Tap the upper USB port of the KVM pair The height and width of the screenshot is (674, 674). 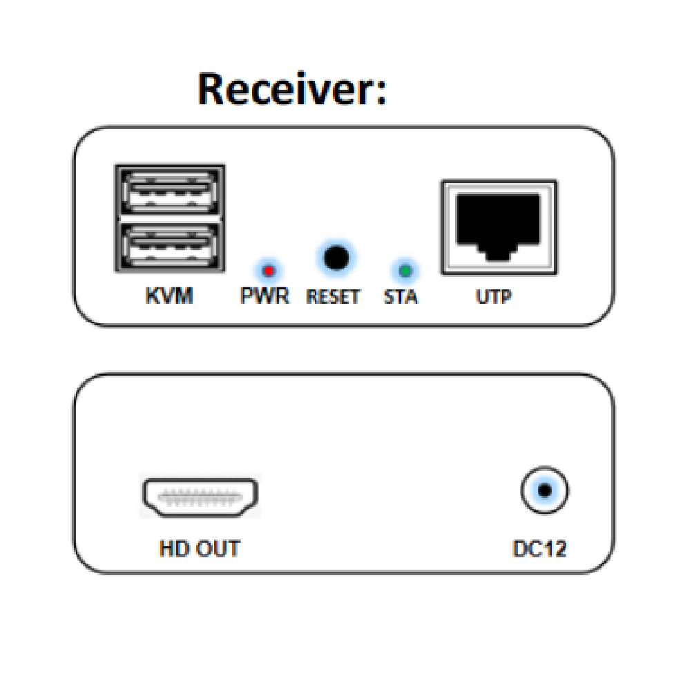pyautogui.click(x=170, y=191)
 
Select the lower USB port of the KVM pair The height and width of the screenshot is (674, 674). pyautogui.click(x=170, y=247)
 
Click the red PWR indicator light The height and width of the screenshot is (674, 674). pyautogui.click(x=269, y=271)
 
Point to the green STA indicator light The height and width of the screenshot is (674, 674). pyautogui.click(x=405, y=271)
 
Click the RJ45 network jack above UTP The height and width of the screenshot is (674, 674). pyautogui.click(x=499, y=227)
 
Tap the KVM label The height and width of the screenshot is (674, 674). pyautogui.click(x=169, y=296)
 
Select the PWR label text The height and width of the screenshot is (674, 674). pyautogui.click(x=264, y=296)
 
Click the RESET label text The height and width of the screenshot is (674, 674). pyautogui.click(x=333, y=296)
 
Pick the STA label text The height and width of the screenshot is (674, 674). pyautogui.click(x=401, y=296)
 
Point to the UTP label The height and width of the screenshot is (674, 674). pyautogui.click(x=494, y=296)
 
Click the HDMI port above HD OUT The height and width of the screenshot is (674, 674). pyautogui.click(x=200, y=497)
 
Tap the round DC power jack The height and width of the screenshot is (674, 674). pyautogui.click(x=545, y=490)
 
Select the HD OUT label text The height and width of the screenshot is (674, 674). pyautogui.click(x=200, y=549)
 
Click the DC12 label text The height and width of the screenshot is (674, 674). pyautogui.click(x=540, y=549)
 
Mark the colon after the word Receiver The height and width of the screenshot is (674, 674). pyautogui.click(x=381, y=92)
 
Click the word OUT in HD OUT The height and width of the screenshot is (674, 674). pyautogui.click(x=218, y=549)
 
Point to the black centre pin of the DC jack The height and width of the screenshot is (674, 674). pyautogui.click(x=545, y=490)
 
